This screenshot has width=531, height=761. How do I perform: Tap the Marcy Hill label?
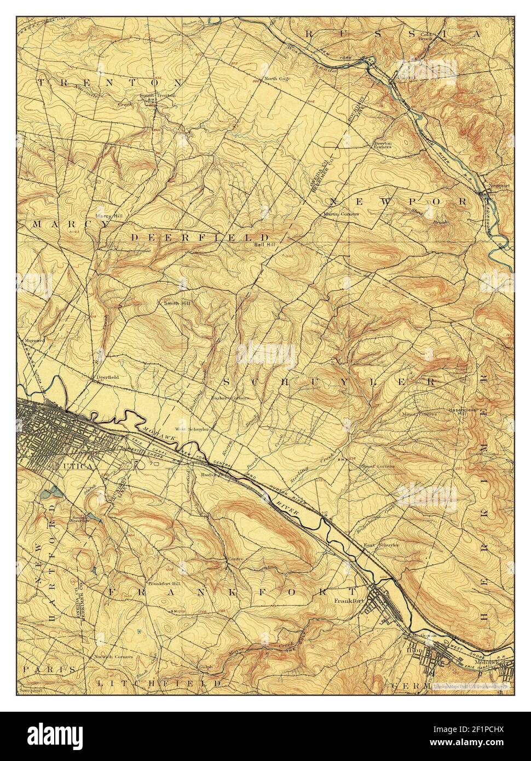pos(108,216)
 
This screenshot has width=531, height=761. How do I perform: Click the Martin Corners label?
pos(342,214)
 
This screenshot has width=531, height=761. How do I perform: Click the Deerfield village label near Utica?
pos(107,377)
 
